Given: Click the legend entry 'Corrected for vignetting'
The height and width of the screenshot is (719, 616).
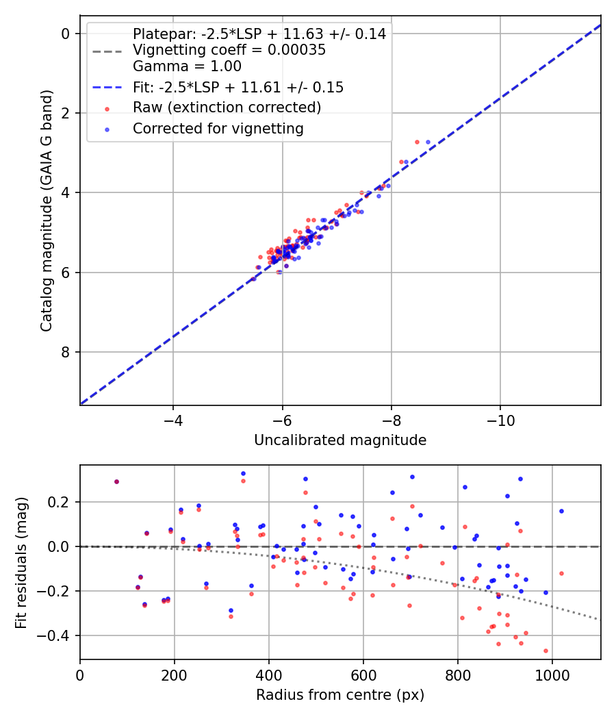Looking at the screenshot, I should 218,129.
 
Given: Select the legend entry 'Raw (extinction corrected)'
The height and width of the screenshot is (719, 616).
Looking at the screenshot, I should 227,108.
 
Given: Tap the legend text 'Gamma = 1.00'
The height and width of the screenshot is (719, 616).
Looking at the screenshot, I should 187,67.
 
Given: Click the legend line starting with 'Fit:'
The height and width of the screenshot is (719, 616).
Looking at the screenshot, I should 238,88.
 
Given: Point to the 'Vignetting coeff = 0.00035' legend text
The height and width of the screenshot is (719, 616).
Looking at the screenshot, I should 229,50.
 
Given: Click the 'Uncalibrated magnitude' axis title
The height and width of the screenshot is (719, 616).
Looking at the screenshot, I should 340,440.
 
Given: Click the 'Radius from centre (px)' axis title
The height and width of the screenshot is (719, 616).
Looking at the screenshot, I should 340,695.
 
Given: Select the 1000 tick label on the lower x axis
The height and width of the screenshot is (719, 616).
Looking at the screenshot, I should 552,674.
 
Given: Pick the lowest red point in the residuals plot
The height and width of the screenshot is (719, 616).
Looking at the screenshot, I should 546,651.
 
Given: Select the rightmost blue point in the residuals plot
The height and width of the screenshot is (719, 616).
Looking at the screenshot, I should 561,511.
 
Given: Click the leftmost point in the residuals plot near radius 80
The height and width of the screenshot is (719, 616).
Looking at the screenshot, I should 116,481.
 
